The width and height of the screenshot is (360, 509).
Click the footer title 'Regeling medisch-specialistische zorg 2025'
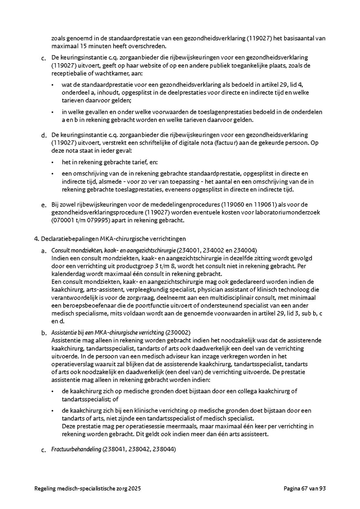[x=88, y=488]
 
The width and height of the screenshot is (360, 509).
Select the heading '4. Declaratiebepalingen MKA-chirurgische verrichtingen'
[x=110, y=239]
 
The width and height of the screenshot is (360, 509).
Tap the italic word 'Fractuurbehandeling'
[x=76, y=449]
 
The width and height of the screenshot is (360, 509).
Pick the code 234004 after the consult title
[x=244, y=250]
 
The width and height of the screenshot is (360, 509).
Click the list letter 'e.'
[x=44, y=205]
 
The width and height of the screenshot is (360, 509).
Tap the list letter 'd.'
[x=44, y=135]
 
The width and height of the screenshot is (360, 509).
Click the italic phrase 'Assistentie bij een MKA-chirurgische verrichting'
[x=108, y=332]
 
